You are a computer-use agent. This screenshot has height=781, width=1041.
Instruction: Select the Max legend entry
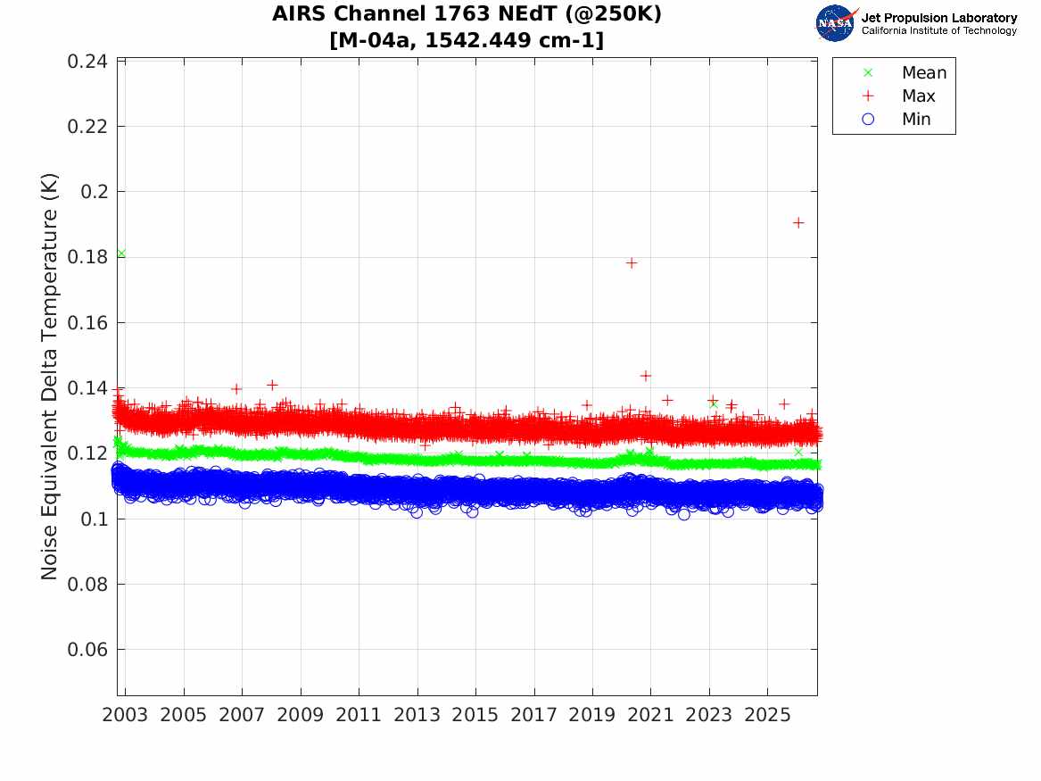tap(898, 96)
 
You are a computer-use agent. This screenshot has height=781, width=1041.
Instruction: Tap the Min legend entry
tap(896, 119)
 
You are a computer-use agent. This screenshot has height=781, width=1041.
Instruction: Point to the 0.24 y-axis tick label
tap(87, 62)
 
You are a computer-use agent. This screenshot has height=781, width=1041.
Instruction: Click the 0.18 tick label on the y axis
tap(87, 257)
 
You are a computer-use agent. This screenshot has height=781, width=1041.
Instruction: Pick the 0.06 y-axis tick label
tap(87, 650)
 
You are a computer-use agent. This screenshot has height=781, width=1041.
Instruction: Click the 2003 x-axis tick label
tap(125, 715)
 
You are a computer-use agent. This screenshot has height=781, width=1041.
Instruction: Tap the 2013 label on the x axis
tap(417, 715)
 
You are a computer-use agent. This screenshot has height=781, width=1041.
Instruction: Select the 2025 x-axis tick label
tap(767, 715)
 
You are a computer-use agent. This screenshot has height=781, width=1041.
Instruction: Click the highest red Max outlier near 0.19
tap(798, 223)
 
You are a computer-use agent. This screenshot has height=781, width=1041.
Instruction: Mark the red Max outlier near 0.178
tap(632, 263)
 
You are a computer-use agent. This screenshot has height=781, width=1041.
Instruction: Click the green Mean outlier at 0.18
tap(120, 253)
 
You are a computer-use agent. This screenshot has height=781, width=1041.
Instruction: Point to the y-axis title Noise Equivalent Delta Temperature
tap(49, 377)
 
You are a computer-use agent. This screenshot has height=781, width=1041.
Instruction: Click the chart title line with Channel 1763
tap(467, 14)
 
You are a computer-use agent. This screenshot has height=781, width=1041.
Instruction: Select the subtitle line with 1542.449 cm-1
tap(467, 40)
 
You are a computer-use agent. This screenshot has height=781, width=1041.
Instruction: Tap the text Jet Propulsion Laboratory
tap(939, 18)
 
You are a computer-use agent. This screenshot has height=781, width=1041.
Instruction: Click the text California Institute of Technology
tap(939, 30)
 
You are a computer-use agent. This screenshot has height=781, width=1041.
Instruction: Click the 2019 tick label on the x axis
tap(592, 715)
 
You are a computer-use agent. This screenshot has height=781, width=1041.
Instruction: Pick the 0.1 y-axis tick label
tap(94, 519)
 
